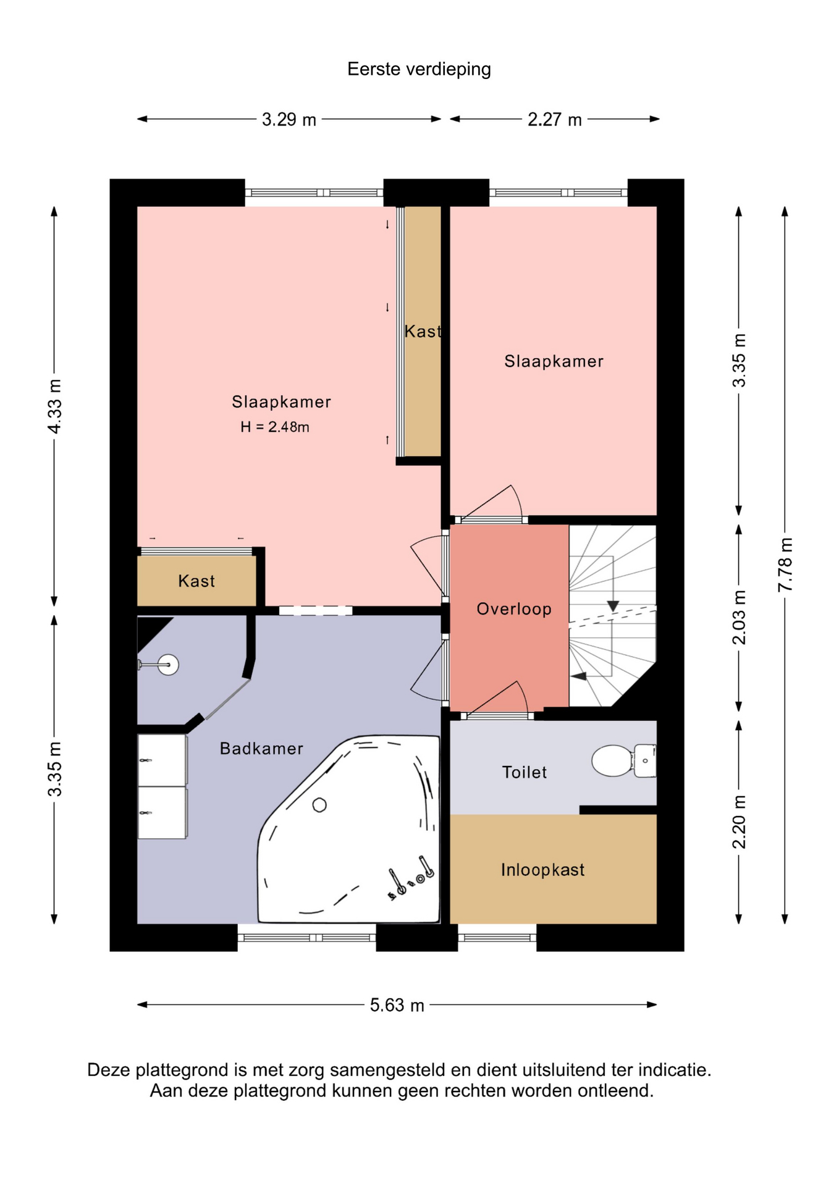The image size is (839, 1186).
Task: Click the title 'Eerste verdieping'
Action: pyautogui.click(x=419, y=69)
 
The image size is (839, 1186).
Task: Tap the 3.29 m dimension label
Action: pyautogui.click(x=289, y=119)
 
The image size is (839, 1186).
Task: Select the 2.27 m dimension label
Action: pyautogui.click(x=554, y=119)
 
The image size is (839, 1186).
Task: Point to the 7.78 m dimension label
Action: pyautogui.click(x=785, y=565)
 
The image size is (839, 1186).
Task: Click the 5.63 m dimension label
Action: pyautogui.click(x=397, y=1005)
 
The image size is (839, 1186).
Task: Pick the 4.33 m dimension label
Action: pyautogui.click(x=54, y=406)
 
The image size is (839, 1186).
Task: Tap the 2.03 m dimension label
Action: pyautogui.click(x=739, y=617)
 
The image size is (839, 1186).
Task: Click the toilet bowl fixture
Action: pyautogui.click(x=623, y=760)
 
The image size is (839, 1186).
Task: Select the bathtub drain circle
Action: pyautogui.click(x=319, y=805)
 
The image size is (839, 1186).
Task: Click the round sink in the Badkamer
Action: pyautogui.click(x=168, y=665)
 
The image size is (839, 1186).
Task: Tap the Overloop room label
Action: pyautogui.click(x=514, y=609)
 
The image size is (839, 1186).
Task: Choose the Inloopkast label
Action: pyautogui.click(x=542, y=870)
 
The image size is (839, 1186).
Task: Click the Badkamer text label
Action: pyautogui.click(x=261, y=749)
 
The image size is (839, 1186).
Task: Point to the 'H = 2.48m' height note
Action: pyautogui.click(x=275, y=427)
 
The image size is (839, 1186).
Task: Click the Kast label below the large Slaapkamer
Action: pyautogui.click(x=196, y=581)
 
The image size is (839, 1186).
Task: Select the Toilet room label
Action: pyautogui.click(x=525, y=772)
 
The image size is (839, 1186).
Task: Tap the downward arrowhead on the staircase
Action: pyautogui.click(x=612, y=606)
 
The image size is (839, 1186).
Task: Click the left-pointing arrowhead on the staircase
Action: pyautogui.click(x=578, y=676)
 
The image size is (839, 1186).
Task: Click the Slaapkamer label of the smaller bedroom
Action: pyautogui.click(x=554, y=361)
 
